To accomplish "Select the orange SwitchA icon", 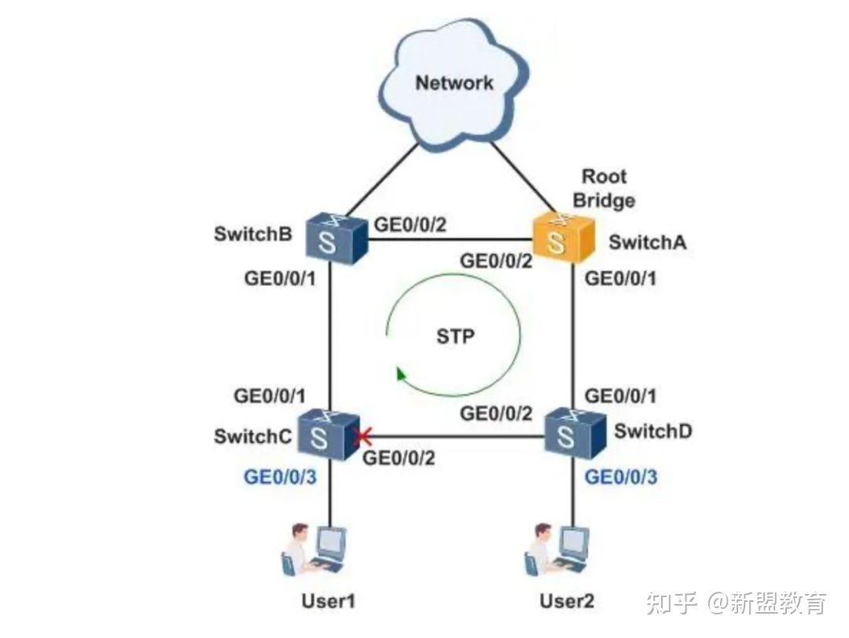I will tap(559, 239).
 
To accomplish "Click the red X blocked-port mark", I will tap(364, 435).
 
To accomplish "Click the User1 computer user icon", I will tap(315, 550).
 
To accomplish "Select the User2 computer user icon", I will tap(557, 550).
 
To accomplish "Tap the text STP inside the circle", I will tap(456, 337).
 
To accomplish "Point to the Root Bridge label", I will tap(604, 188).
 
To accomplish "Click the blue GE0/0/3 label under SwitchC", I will tap(281, 476).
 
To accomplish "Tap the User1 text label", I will tap(329, 602).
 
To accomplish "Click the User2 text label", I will tap(567, 602).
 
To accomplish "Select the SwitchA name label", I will tap(647, 242).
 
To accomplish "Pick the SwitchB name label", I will tap(252, 235).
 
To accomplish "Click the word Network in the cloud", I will tap(454, 82).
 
